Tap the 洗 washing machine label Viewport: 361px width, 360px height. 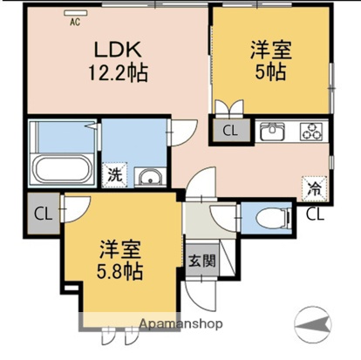pos(114,174)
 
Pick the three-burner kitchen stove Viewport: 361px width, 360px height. pos(310,132)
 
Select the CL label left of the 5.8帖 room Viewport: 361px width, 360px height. pos(41,214)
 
